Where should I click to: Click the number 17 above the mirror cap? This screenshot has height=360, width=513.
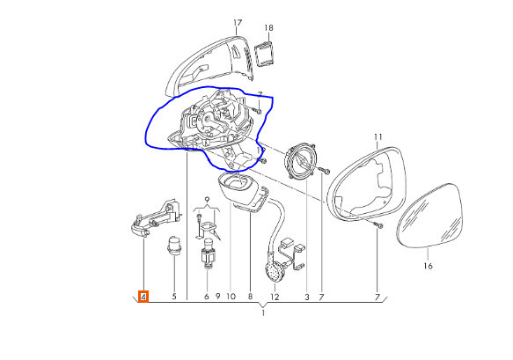(238, 23)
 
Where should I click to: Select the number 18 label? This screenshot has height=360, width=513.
(268, 28)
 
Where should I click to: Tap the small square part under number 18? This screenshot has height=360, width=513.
(264, 55)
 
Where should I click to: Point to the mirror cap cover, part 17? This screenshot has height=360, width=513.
(209, 65)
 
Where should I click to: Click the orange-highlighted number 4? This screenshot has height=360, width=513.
(143, 297)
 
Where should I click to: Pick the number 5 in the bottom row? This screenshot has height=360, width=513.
(174, 297)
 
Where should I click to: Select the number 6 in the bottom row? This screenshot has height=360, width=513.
(207, 297)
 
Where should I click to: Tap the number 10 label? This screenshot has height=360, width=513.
(231, 297)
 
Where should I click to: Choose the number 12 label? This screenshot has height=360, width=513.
(275, 297)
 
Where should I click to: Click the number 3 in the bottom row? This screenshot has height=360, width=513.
(307, 297)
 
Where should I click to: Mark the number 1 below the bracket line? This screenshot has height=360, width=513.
(263, 312)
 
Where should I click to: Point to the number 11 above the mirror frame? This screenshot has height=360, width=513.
(377, 136)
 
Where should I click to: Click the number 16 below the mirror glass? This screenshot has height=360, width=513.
(428, 266)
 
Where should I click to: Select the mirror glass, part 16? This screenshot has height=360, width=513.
(429, 216)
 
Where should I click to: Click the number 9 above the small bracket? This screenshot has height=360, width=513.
(207, 199)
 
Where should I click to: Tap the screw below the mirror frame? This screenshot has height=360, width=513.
(379, 225)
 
